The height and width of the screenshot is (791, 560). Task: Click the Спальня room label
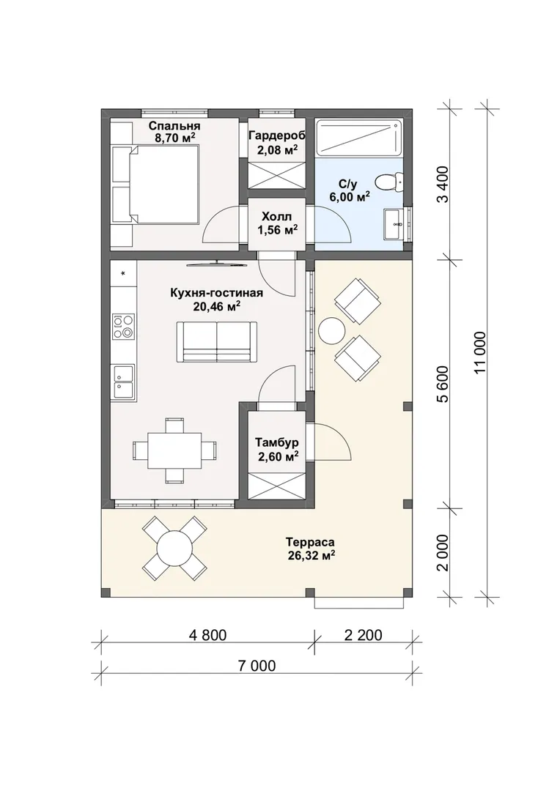point(174,126)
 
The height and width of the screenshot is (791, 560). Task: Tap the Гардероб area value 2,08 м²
point(277,149)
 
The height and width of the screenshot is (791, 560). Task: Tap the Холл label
point(277,217)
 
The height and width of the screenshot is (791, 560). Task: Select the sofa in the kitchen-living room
point(217,341)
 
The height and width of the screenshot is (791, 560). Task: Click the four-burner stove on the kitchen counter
point(124,327)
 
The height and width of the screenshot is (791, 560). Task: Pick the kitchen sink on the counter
point(124,382)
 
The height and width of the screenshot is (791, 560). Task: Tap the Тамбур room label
point(277,442)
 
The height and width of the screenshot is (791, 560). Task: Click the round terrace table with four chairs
point(174,549)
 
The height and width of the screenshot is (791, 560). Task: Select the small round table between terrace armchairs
point(333,331)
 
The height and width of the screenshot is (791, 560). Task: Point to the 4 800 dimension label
point(207,634)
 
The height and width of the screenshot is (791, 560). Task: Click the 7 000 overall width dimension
point(257,666)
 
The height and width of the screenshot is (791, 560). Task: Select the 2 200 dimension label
point(363,634)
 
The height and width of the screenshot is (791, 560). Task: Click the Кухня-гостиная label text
point(217,293)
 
